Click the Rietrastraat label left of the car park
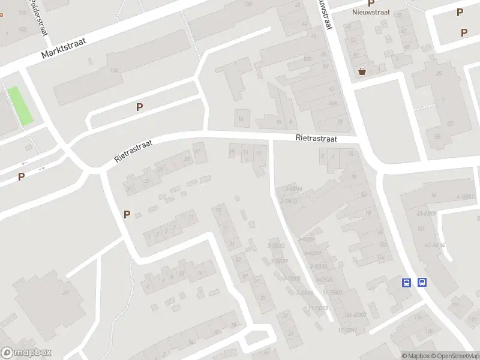coord(134,151)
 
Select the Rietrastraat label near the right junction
coord(316,138)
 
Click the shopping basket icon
coord(362,71)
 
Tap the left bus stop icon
coord(407,283)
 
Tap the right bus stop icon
coord(422,283)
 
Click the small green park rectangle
coord(20,106)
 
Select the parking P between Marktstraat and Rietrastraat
coord(139,107)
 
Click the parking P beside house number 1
coord(127,214)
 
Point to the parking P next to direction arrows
coord(21,176)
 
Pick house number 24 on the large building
coord(65,292)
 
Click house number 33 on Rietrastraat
coord(146,180)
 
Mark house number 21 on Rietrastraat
coord(197,151)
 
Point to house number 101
coord(421,229)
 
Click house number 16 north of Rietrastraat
coord(241,119)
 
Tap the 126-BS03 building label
coord(355,314)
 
